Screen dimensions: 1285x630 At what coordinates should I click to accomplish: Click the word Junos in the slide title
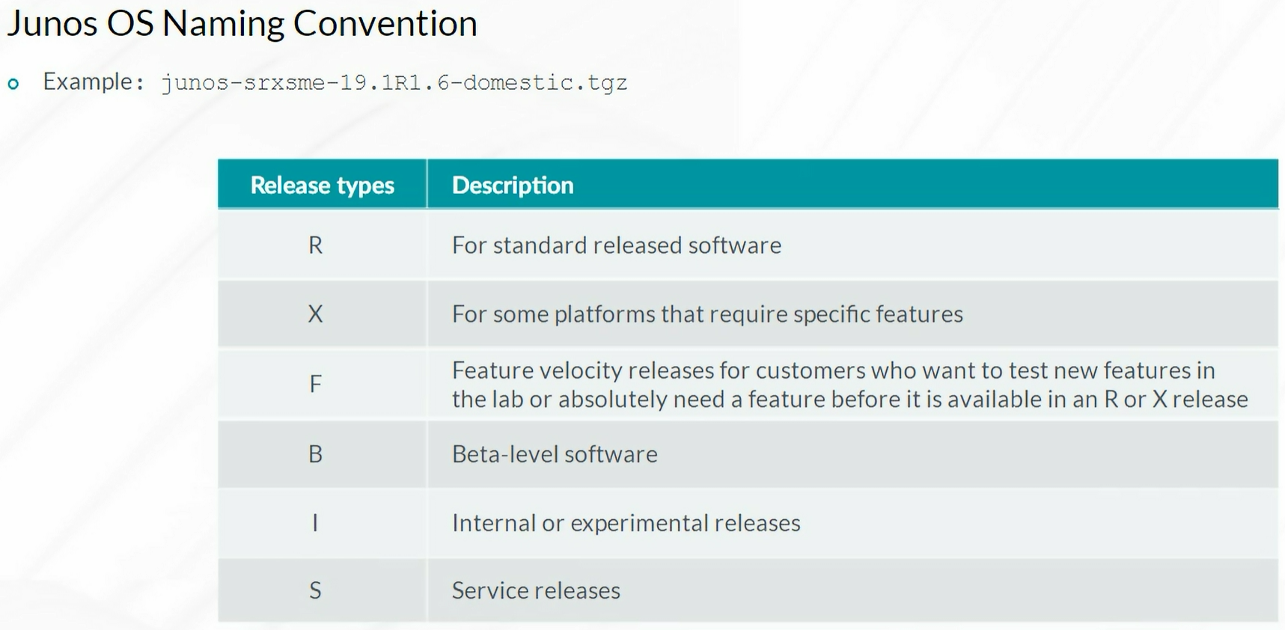pos(52,24)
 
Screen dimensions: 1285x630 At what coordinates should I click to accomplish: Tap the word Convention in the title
pos(385,24)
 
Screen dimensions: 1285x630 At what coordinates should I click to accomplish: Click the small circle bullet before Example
pos(13,84)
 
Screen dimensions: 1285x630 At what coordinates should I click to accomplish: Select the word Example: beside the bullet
pos(94,81)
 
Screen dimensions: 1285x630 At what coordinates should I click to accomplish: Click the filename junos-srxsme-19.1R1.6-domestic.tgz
pos(394,82)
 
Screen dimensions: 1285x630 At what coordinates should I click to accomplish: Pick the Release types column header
pos(322,185)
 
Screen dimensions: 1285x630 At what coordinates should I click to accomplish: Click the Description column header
pos(513,185)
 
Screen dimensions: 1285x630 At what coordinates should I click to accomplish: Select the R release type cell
pos(316,245)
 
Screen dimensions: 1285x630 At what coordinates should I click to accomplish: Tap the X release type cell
pos(316,314)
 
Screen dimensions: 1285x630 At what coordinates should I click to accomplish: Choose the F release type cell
pos(316,384)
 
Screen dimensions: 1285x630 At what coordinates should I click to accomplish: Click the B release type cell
pos(316,454)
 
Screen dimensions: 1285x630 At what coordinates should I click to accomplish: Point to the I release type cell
pos(315,522)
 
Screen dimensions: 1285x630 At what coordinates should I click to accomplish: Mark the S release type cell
pos(316,590)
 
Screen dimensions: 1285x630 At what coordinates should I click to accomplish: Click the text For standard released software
pos(617,245)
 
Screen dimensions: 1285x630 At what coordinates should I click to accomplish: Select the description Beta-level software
pos(555,454)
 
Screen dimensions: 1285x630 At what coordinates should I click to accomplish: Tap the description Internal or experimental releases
pos(626,522)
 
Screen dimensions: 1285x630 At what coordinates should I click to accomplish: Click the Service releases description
pos(536,590)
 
